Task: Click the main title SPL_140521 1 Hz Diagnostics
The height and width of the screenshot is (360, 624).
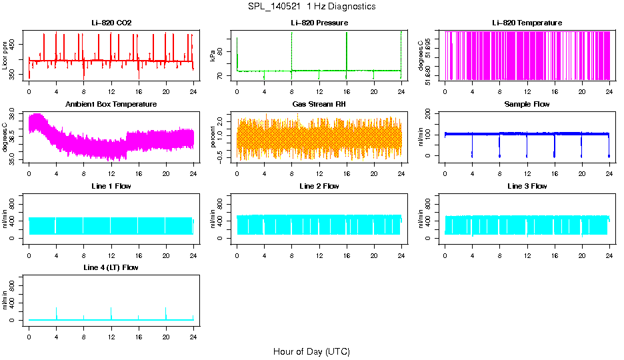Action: [311, 6]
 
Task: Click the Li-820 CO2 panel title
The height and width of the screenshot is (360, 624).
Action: [111, 23]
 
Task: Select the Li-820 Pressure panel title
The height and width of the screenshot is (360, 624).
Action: [319, 23]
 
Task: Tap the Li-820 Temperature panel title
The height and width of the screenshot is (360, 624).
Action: [527, 23]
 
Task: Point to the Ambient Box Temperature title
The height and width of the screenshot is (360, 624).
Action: [111, 105]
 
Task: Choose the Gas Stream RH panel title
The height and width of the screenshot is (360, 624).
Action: [319, 105]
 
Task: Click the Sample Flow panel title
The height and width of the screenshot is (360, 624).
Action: [527, 105]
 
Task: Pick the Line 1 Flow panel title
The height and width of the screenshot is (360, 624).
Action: [111, 186]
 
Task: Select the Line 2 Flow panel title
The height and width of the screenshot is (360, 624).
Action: [319, 186]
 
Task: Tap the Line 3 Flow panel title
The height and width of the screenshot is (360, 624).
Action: [527, 186]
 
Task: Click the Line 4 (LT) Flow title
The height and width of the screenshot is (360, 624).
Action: [111, 267]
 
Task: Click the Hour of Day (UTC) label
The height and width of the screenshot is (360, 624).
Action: [311, 351]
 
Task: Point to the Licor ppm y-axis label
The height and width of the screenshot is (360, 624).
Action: [5, 55]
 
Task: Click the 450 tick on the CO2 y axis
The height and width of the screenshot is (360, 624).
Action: [16, 44]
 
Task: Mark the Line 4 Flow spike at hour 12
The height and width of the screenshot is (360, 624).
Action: [111, 312]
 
